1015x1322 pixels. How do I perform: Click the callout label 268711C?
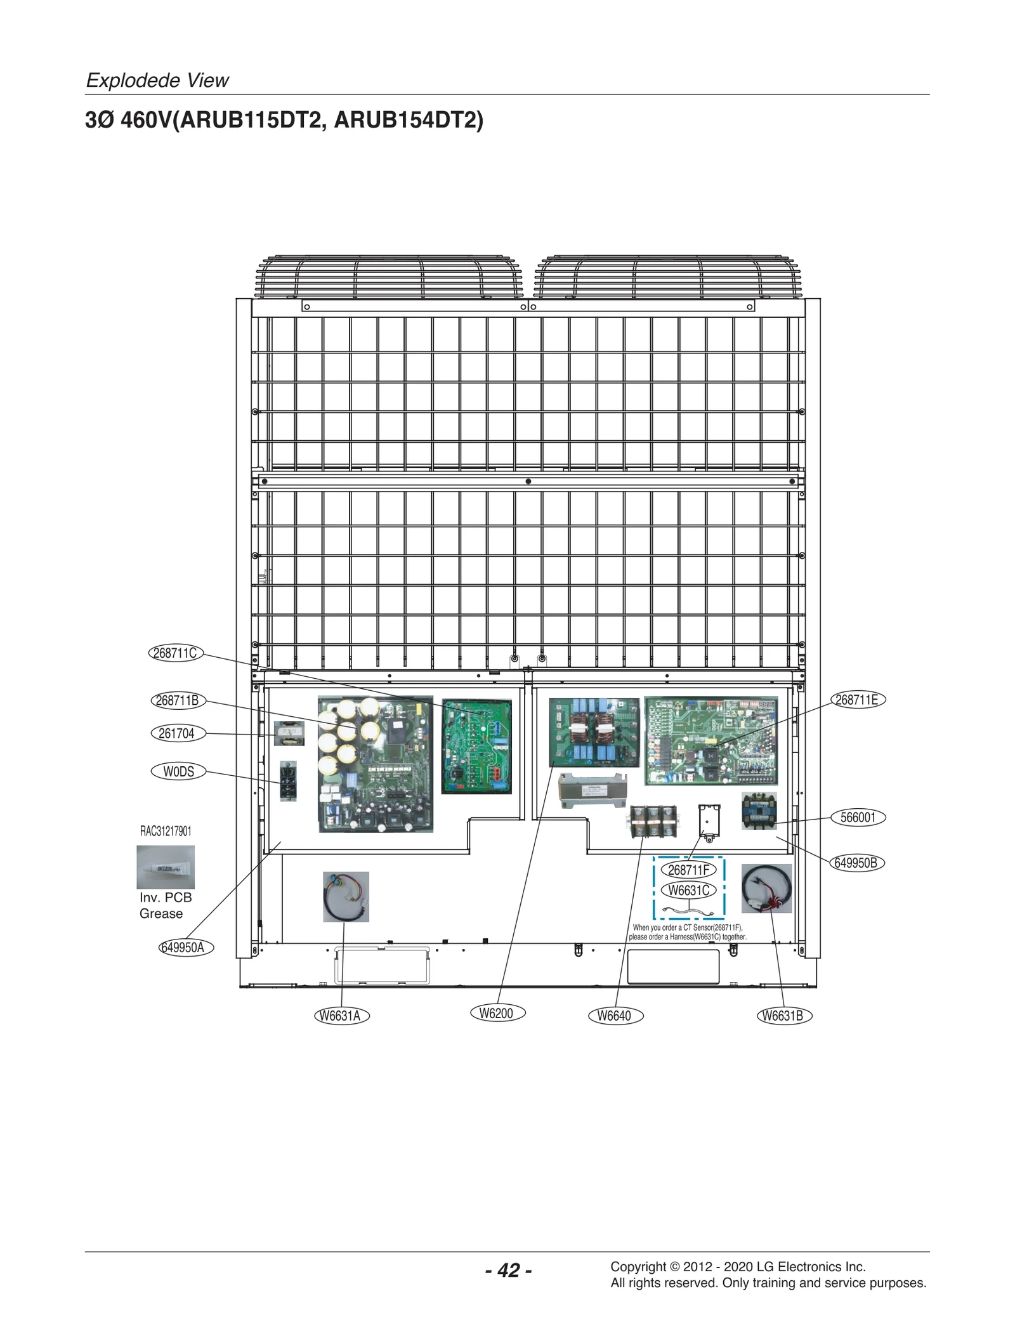point(176,653)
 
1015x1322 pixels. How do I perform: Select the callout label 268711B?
point(178,700)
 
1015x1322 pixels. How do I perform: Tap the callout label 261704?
point(178,733)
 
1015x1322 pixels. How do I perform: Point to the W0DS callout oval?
point(179,771)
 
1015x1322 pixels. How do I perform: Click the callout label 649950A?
point(185,947)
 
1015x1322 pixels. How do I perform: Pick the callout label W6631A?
point(341,1016)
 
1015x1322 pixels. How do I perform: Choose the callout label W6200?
point(497,1013)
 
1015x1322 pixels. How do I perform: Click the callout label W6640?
point(615,1016)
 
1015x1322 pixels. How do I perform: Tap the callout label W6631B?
point(784,1016)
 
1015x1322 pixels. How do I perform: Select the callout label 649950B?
point(856,863)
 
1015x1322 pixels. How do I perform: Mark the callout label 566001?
point(858,817)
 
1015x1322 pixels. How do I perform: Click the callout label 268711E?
point(858,700)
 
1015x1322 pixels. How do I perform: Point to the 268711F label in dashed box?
point(689,870)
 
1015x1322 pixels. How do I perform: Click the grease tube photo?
point(166,867)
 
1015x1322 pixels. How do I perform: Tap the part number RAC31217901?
point(166,831)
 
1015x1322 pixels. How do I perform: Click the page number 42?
point(509,1270)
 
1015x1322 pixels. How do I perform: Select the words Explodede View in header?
point(157,81)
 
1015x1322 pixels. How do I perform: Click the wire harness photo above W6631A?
point(346,896)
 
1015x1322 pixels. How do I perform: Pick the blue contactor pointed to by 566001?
point(759,811)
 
